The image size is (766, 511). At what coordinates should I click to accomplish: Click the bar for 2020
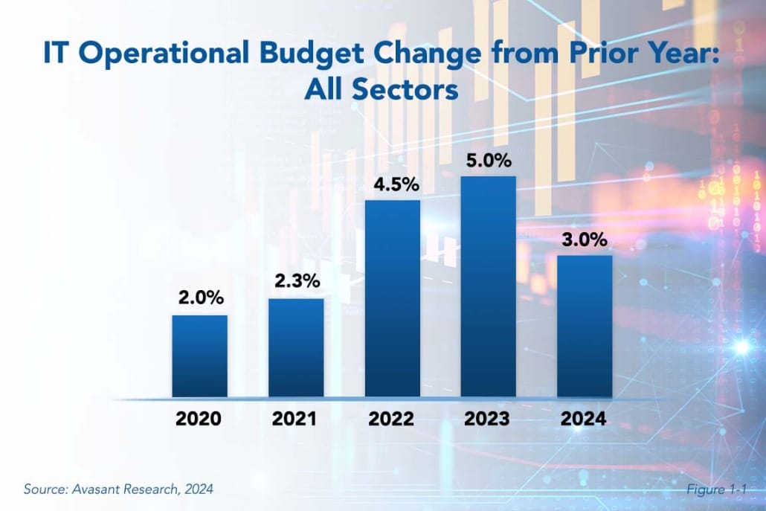199,356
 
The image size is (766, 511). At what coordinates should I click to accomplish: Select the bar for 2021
296,347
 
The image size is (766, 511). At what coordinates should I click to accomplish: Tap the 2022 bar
392,298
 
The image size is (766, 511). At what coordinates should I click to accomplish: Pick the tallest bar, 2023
488,286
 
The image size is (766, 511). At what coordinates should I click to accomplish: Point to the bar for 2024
585,326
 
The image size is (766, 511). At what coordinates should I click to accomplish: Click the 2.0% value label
199,298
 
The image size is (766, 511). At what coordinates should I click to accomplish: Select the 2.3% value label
296,281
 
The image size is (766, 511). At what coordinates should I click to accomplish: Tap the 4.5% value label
392,183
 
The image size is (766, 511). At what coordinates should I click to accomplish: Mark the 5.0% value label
488,158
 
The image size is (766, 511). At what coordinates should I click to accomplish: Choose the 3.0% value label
585,240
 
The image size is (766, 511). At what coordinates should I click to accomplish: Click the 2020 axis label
199,419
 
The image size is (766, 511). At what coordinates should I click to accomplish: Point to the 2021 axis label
295,419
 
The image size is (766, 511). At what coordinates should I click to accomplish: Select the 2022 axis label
391,419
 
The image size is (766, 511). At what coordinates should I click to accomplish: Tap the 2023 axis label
488,419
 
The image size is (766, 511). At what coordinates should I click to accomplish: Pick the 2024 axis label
584,419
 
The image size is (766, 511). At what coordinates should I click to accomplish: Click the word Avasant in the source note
92,489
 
